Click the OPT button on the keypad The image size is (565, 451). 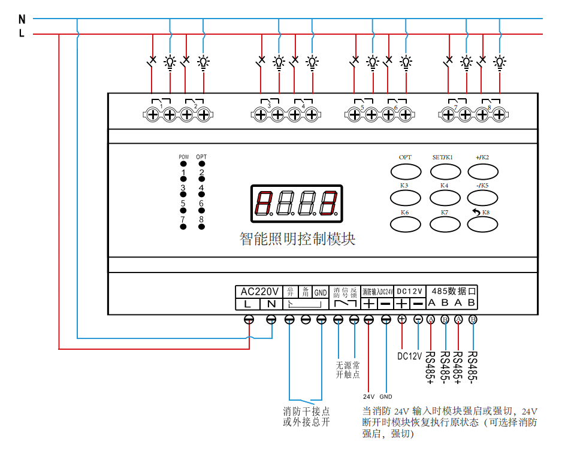click(406, 172)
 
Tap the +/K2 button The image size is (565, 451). click(483, 172)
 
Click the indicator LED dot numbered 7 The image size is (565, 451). click(183, 226)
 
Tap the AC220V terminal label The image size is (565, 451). click(259, 292)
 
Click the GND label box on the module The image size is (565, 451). click(321, 292)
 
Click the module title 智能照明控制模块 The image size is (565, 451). click(298, 240)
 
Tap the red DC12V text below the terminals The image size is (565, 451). click(410, 356)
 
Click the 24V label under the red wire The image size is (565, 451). click(368, 396)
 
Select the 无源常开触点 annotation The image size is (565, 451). click(348, 370)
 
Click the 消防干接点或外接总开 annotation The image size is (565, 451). click(306, 416)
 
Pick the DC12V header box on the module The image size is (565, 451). click(410, 291)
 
